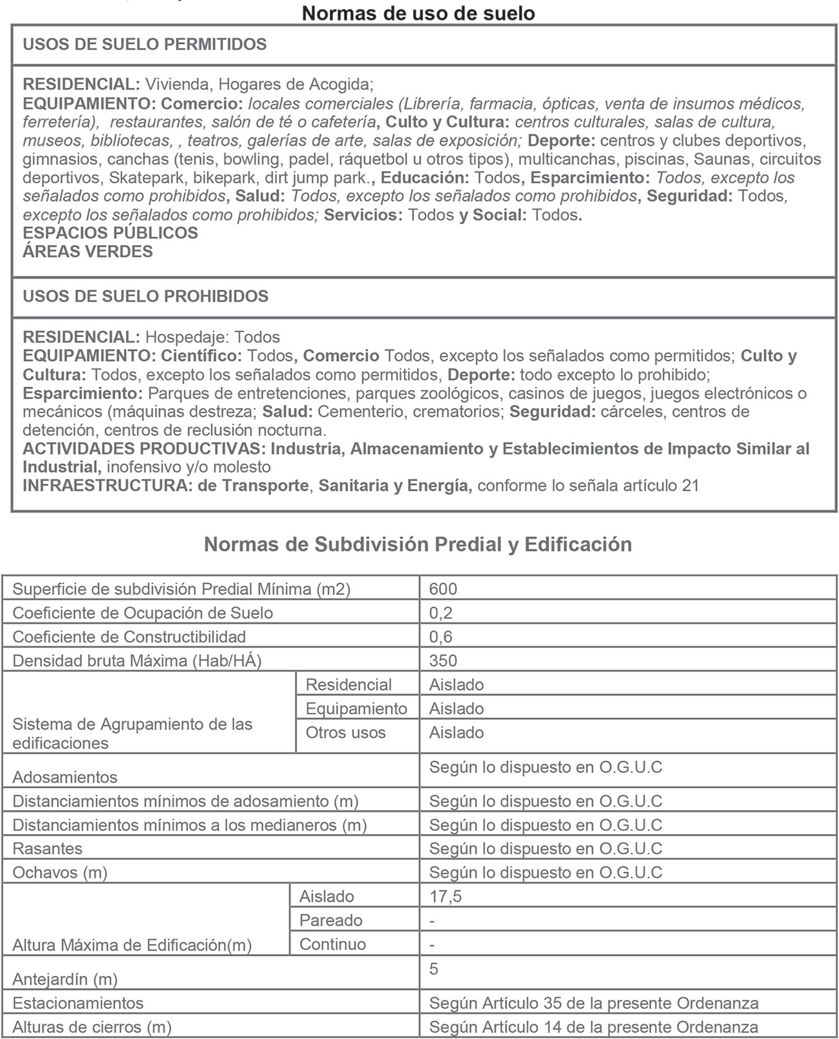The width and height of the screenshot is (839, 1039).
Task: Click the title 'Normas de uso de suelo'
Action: point(418,13)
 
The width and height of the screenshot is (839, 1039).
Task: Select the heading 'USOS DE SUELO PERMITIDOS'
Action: point(144,44)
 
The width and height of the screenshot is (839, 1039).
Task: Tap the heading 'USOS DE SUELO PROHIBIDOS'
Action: point(145,296)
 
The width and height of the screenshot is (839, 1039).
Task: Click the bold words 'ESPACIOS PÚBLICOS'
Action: point(110,233)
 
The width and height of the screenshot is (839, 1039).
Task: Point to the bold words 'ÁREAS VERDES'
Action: point(88,252)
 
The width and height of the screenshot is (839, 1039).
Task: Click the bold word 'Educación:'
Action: point(425,178)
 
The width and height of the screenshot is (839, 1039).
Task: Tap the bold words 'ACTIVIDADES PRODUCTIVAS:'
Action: point(144,448)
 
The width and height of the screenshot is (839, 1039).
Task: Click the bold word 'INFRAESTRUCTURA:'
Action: point(107,485)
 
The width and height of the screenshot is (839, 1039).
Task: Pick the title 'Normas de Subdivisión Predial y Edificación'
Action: point(418,544)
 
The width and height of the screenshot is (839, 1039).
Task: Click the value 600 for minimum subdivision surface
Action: point(443,589)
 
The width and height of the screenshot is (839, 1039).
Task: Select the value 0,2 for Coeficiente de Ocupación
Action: point(441,613)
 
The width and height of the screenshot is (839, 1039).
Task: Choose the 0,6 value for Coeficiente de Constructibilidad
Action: point(441,637)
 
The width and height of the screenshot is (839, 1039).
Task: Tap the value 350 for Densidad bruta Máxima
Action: point(443,661)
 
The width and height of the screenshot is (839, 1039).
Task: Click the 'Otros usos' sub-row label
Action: point(346,733)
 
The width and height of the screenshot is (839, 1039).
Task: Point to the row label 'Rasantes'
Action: point(48,849)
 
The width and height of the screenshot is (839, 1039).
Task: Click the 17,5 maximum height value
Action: point(445,896)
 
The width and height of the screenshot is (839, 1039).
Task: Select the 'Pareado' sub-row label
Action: point(331,920)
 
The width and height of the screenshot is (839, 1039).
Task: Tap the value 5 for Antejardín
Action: point(433,969)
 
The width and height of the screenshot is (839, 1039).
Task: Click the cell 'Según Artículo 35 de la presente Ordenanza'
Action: point(593,1003)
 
